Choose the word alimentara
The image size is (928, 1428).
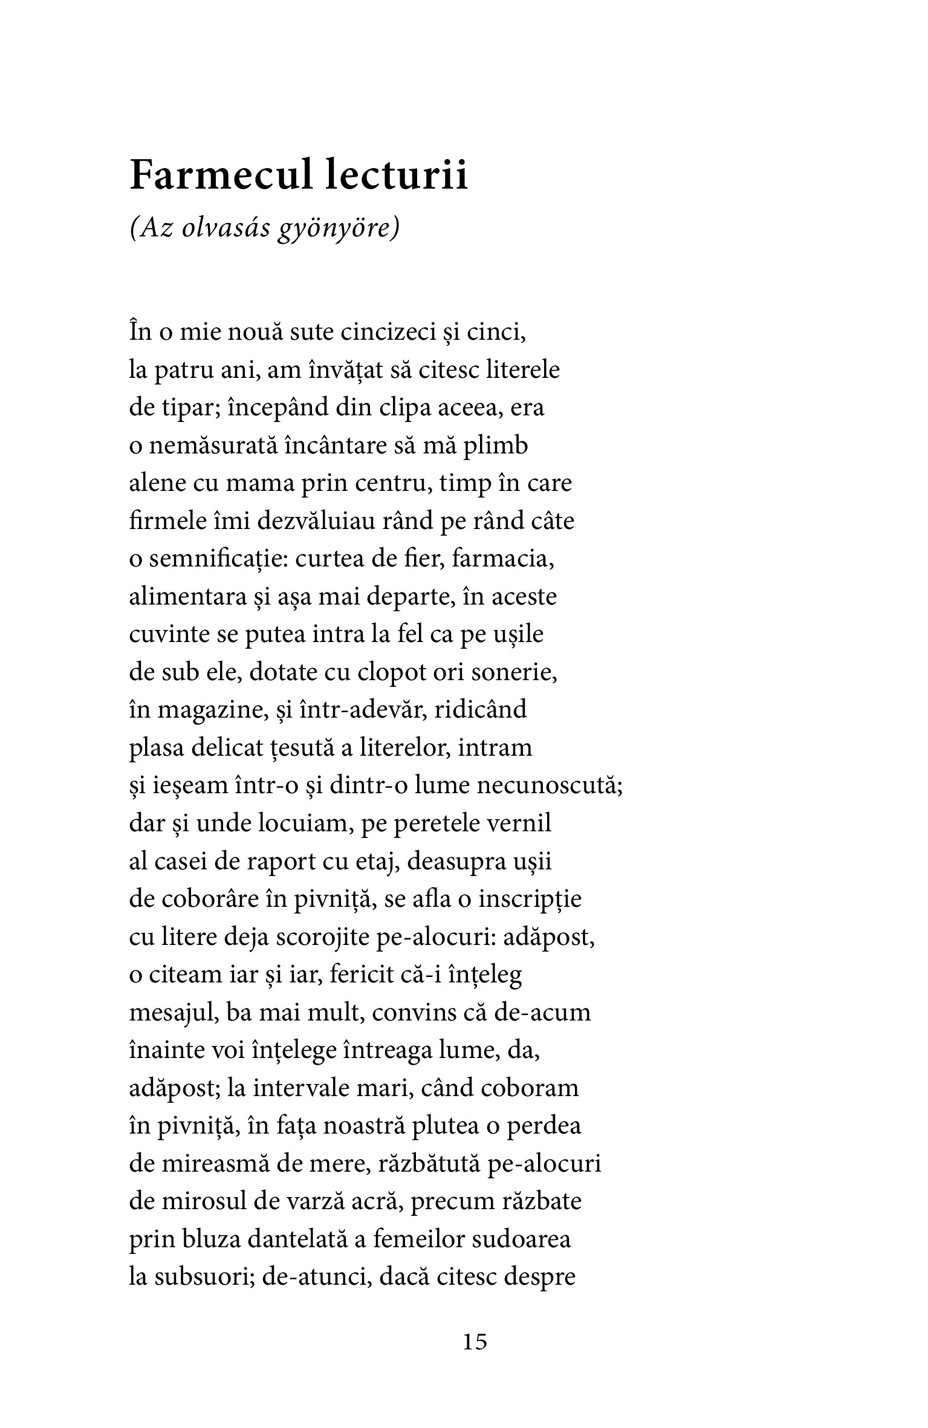point(176,597)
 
